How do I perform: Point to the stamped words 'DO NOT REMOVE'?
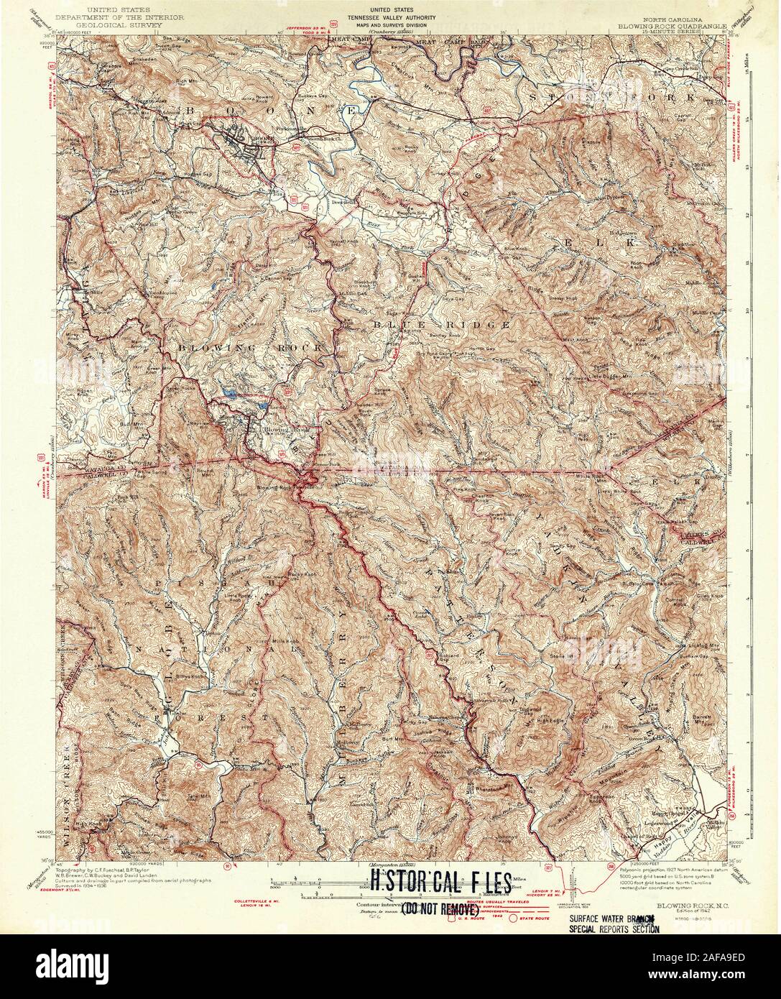coord(438,908)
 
